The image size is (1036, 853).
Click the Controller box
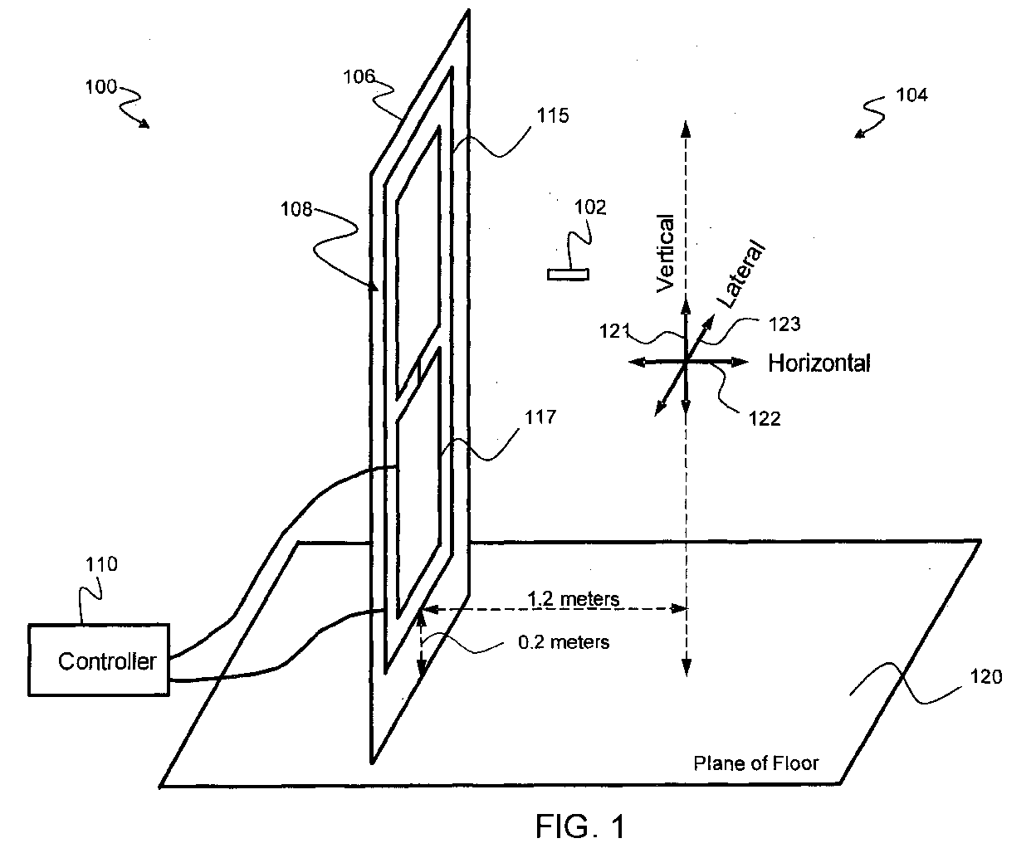tap(99, 660)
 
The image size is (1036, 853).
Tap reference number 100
tap(100, 87)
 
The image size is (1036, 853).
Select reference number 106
tap(359, 76)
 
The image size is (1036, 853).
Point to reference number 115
tap(553, 115)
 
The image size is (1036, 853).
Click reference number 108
tap(296, 209)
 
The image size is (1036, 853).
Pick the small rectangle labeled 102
tap(568, 275)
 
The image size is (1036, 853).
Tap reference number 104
tap(911, 95)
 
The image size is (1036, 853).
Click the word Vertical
tap(666, 253)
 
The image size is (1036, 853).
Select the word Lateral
tap(740, 274)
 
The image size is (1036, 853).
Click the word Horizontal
tap(819, 363)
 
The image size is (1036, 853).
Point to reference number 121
tap(615, 331)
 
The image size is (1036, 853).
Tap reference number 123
tap(784, 324)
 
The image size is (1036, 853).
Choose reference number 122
tap(764, 419)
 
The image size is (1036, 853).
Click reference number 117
tap(540, 417)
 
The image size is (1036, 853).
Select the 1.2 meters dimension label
tap(573, 599)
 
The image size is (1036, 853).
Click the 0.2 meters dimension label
tap(564, 642)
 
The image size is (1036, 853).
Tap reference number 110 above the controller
tap(102, 564)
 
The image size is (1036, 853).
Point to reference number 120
tap(986, 677)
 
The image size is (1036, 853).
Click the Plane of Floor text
tap(755, 763)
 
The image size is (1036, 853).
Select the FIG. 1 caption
tap(580, 826)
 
